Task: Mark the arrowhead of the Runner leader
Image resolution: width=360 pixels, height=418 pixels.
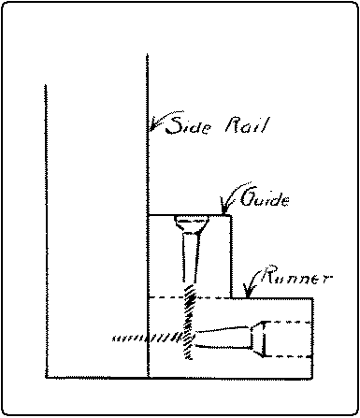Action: pos(244,292)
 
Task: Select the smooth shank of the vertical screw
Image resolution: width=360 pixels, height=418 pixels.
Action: pos(190,260)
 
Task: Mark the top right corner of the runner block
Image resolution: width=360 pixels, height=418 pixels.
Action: pos(314,296)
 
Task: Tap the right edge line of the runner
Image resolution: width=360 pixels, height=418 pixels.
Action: pos(314,337)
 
